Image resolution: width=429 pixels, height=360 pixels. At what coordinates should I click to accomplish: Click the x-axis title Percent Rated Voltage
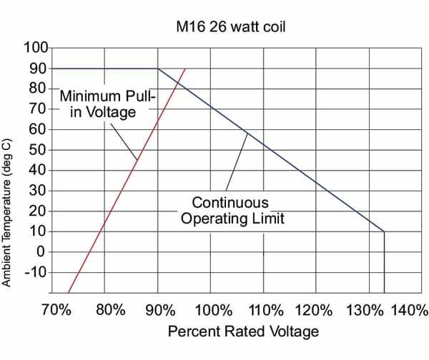pyautogui.click(x=243, y=332)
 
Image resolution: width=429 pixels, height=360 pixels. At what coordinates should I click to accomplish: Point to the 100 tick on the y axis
pyautogui.click(x=35, y=48)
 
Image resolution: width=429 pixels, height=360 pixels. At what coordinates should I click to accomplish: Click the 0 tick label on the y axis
pyautogui.click(x=41, y=252)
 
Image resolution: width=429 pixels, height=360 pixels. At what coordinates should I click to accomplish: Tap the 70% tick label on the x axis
pyautogui.click(x=56, y=311)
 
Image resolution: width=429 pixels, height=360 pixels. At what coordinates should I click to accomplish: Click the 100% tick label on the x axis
pyautogui.click(x=212, y=311)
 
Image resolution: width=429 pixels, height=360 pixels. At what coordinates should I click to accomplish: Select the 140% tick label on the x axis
pyautogui.click(x=409, y=311)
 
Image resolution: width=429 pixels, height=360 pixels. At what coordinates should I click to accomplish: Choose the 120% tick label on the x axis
pyautogui.click(x=316, y=311)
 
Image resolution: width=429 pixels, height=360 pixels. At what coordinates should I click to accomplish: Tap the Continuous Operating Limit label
pyautogui.click(x=232, y=211)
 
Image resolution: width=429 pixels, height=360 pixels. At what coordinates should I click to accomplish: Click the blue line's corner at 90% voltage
pyautogui.click(x=157, y=69)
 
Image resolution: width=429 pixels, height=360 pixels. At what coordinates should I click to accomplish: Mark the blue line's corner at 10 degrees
pyautogui.click(x=384, y=231)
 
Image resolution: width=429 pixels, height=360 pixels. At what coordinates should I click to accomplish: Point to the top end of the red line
pyautogui.click(x=185, y=69)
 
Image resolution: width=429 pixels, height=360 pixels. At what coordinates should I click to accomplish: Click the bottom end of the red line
pyautogui.click(x=68, y=293)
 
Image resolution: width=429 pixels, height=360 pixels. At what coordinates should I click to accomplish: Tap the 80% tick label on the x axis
pyautogui.click(x=109, y=311)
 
